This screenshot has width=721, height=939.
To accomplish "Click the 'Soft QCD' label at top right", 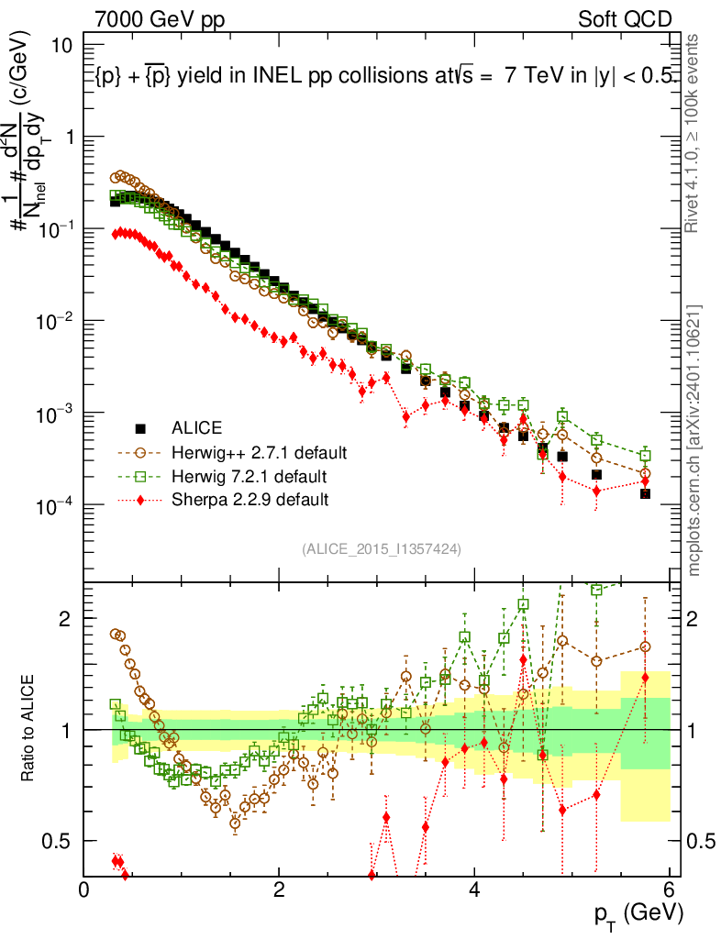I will pos(625,19).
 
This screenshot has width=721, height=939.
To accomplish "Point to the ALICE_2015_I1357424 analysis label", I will pos(381,548).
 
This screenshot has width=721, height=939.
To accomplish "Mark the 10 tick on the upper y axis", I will pos(65,45).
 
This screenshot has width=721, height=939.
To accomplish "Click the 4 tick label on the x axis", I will pos(474,889).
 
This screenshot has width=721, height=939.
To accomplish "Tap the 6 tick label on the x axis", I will pos(670,889).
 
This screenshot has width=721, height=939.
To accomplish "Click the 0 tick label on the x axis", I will pos(84,889).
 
